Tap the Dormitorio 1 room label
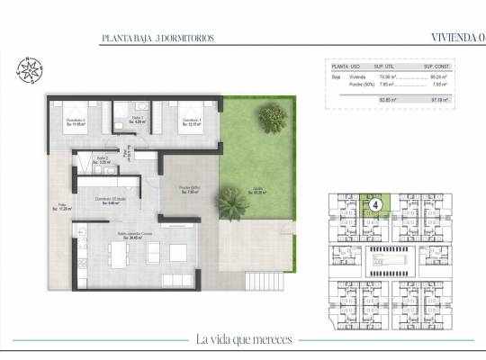tap(192, 122)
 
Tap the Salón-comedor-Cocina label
tap(135, 237)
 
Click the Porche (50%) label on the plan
tap(189, 189)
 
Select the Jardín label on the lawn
tap(258, 190)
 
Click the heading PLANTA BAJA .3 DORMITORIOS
tap(158, 40)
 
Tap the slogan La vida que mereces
tap(243, 339)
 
